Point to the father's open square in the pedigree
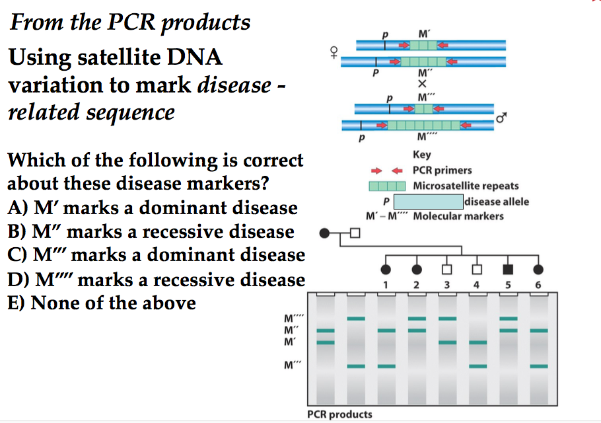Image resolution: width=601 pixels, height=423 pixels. [x=355, y=233]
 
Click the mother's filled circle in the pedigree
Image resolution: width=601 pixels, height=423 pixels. [x=324, y=233]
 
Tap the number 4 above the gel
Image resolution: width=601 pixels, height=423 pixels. [x=477, y=285]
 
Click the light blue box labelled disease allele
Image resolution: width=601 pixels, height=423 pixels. [x=429, y=202]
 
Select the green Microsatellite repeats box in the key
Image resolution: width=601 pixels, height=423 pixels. [x=386, y=186]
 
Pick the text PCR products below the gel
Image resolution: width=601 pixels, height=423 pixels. [x=339, y=414]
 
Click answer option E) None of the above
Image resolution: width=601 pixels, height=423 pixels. [x=102, y=303]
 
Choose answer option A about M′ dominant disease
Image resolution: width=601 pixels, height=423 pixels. [x=153, y=208]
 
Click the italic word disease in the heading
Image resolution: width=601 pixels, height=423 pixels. [x=234, y=85]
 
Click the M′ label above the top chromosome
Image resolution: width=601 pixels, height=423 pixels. [x=423, y=34]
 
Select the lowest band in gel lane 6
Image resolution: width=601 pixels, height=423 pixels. [x=538, y=365]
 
